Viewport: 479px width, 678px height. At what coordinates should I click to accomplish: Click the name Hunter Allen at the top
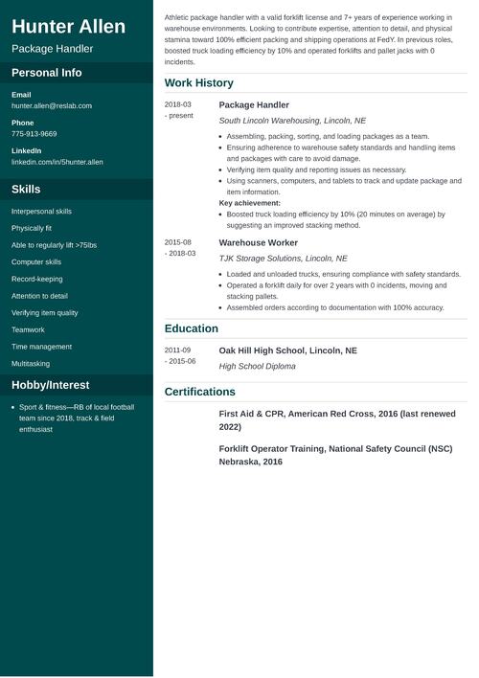pos(68,26)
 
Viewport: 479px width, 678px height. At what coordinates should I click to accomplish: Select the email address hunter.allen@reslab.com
pos(52,105)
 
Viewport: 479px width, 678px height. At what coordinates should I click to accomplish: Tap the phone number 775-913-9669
pos(34,134)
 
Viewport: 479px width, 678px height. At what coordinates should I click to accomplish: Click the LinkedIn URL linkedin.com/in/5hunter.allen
pos(57,162)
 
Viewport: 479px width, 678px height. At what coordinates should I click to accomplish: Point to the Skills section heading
pos(26,190)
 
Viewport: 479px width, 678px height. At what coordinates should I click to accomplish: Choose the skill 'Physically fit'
pos(32,228)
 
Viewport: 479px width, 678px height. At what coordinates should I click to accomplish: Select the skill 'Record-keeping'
pos(36,280)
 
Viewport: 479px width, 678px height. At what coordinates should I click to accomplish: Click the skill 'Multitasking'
pos(31,364)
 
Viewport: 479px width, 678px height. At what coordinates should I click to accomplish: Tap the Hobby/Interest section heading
pos(50,385)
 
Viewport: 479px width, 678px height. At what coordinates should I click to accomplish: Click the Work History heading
pos(198,83)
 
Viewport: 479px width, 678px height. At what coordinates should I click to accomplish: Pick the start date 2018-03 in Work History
pos(177,104)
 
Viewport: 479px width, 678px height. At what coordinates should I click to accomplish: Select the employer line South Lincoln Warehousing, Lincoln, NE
pos(292,121)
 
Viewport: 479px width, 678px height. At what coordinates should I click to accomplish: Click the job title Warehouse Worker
pos(258,242)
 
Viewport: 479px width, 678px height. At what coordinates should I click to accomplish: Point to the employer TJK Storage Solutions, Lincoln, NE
pos(283,259)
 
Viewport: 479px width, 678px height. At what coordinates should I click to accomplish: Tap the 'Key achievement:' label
pos(249,203)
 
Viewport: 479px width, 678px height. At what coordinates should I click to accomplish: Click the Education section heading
pos(192,328)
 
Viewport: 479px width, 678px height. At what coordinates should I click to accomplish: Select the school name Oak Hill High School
pos(287,350)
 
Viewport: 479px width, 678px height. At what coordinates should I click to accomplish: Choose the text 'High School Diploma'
pos(257,366)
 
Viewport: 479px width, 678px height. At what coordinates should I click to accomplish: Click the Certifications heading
pos(199,392)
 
